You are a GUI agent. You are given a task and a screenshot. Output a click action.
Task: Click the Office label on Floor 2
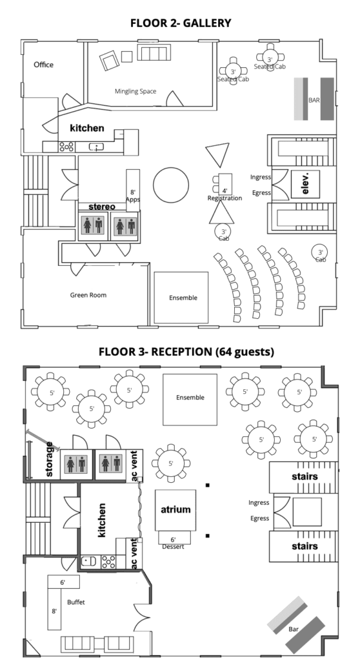click(43, 65)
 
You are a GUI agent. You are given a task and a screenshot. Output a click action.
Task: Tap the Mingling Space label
click(135, 91)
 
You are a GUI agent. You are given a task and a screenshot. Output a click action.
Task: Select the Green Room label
click(88, 295)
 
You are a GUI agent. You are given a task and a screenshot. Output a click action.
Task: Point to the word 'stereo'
click(101, 207)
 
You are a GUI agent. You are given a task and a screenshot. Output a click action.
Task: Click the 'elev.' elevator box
click(306, 184)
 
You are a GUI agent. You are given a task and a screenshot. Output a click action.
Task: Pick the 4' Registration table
click(225, 184)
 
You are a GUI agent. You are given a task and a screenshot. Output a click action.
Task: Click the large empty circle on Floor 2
click(171, 185)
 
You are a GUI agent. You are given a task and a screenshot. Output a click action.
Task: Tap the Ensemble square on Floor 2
click(181, 297)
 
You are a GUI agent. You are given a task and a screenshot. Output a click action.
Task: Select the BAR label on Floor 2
click(314, 100)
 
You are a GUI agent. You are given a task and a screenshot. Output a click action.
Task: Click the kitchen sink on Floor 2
click(97, 147)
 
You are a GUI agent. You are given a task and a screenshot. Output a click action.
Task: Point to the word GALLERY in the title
click(205, 23)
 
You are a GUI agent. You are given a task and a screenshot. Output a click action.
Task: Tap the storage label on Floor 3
click(49, 459)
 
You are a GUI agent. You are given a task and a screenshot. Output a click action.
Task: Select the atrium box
click(175, 510)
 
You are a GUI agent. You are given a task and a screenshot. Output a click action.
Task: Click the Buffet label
click(76, 602)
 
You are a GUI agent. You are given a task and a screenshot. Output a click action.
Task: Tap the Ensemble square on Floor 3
click(190, 400)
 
